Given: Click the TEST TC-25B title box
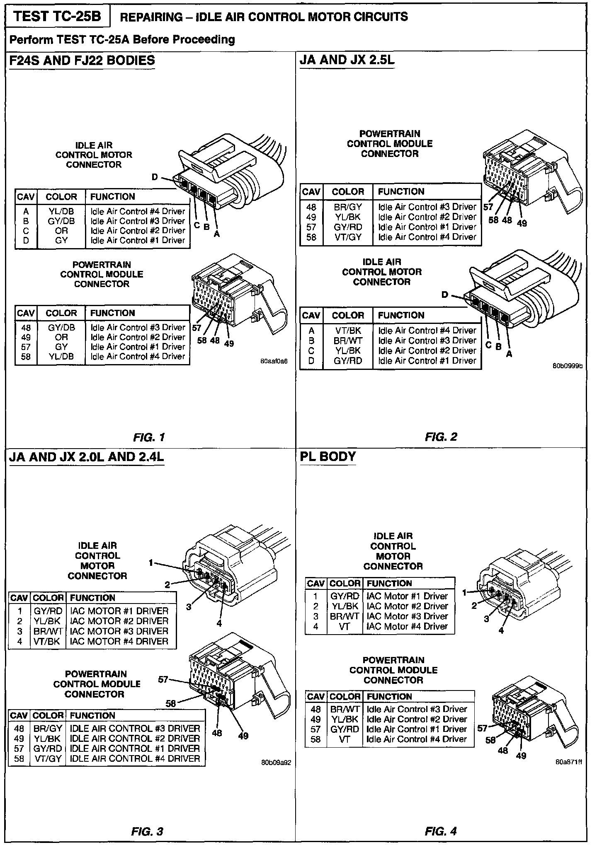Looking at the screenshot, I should (x=58, y=17).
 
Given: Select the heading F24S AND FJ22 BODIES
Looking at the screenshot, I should (x=82, y=60).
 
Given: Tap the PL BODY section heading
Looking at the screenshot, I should (x=328, y=456).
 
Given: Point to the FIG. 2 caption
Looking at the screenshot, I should (x=441, y=437).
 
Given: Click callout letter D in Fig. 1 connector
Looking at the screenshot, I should (x=155, y=177).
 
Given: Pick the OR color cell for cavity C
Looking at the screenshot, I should (x=61, y=231).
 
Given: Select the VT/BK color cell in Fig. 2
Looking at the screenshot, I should (x=348, y=331).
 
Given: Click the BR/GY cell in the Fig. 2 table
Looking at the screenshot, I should (x=348, y=207).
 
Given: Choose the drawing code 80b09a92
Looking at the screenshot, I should (x=277, y=762).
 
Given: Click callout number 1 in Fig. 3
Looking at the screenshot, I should (x=151, y=563).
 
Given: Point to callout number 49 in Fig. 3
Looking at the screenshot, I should (x=243, y=736).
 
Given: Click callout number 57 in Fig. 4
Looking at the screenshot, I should (x=482, y=728).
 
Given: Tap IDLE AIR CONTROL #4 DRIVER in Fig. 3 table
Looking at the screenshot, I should (x=135, y=758).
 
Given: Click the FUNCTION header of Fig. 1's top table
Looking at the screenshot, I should (x=113, y=197).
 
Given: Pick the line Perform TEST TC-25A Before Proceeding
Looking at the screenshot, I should (x=122, y=40).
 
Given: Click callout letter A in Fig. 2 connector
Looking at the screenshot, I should (x=510, y=354).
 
